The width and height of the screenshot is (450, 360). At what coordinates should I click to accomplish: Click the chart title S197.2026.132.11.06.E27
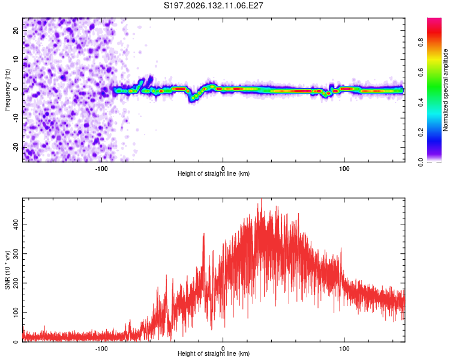[213, 5]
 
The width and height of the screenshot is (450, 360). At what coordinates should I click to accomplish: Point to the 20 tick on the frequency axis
[16, 30]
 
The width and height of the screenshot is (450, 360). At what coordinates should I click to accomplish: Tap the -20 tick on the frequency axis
[16, 147]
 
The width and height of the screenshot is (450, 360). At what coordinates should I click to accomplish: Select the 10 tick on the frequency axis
[16, 59]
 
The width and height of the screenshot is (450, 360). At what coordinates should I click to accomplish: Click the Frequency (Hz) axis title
[7, 90]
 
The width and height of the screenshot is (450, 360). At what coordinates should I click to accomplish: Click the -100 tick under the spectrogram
[101, 169]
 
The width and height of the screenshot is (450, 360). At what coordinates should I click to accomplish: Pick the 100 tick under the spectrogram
[344, 169]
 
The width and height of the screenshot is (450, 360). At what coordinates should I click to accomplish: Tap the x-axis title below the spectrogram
[214, 173]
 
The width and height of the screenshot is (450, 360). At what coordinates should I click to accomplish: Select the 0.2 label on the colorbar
[421, 133]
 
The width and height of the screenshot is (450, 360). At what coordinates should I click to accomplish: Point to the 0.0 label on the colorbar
[421, 162]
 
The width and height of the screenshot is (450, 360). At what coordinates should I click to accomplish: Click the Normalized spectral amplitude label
[445, 90]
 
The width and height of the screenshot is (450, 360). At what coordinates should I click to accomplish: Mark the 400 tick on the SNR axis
[16, 224]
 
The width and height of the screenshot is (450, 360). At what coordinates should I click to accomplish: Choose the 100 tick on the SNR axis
[16, 313]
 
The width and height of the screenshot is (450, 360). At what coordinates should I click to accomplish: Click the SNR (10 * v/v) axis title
[7, 270]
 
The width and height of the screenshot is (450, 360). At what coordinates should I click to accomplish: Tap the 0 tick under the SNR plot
[223, 349]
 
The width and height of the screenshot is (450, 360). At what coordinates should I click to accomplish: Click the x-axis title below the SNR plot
[214, 353]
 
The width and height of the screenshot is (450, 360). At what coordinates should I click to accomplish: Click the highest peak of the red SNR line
[261, 199]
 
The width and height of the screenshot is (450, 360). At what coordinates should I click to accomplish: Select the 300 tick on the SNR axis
[16, 253]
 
